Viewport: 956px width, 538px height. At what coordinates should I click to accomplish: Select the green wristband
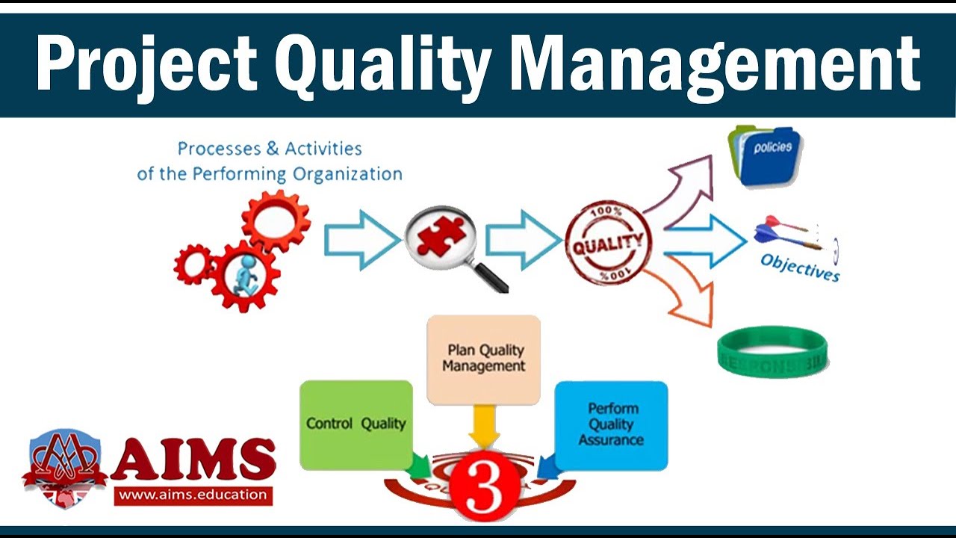pyautogui.click(x=772, y=352)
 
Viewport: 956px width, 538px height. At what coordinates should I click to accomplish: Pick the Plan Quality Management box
pyautogui.click(x=483, y=359)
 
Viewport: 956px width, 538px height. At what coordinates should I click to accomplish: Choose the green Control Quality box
pyautogui.click(x=356, y=424)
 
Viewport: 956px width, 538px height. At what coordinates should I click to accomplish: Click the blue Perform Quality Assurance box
pyautogui.click(x=612, y=424)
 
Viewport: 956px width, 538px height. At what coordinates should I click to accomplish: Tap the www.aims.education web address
pyautogui.click(x=193, y=494)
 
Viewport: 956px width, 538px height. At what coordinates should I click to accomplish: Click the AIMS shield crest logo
pyautogui.click(x=66, y=467)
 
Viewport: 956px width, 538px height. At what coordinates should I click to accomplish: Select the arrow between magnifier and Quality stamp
pyautogui.click(x=523, y=240)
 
